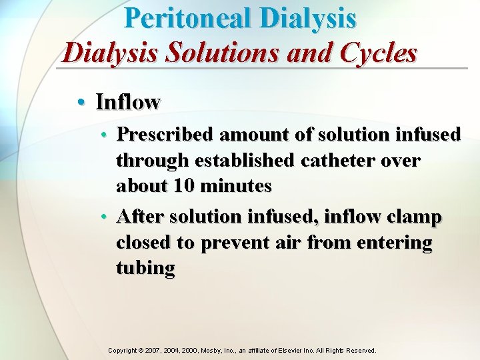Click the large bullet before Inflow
tap(81, 102)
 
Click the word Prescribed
tap(165, 135)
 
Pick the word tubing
tap(145, 268)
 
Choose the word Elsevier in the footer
tap(297, 350)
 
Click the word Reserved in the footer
tap(361, 350)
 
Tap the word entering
tap(395, 243)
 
